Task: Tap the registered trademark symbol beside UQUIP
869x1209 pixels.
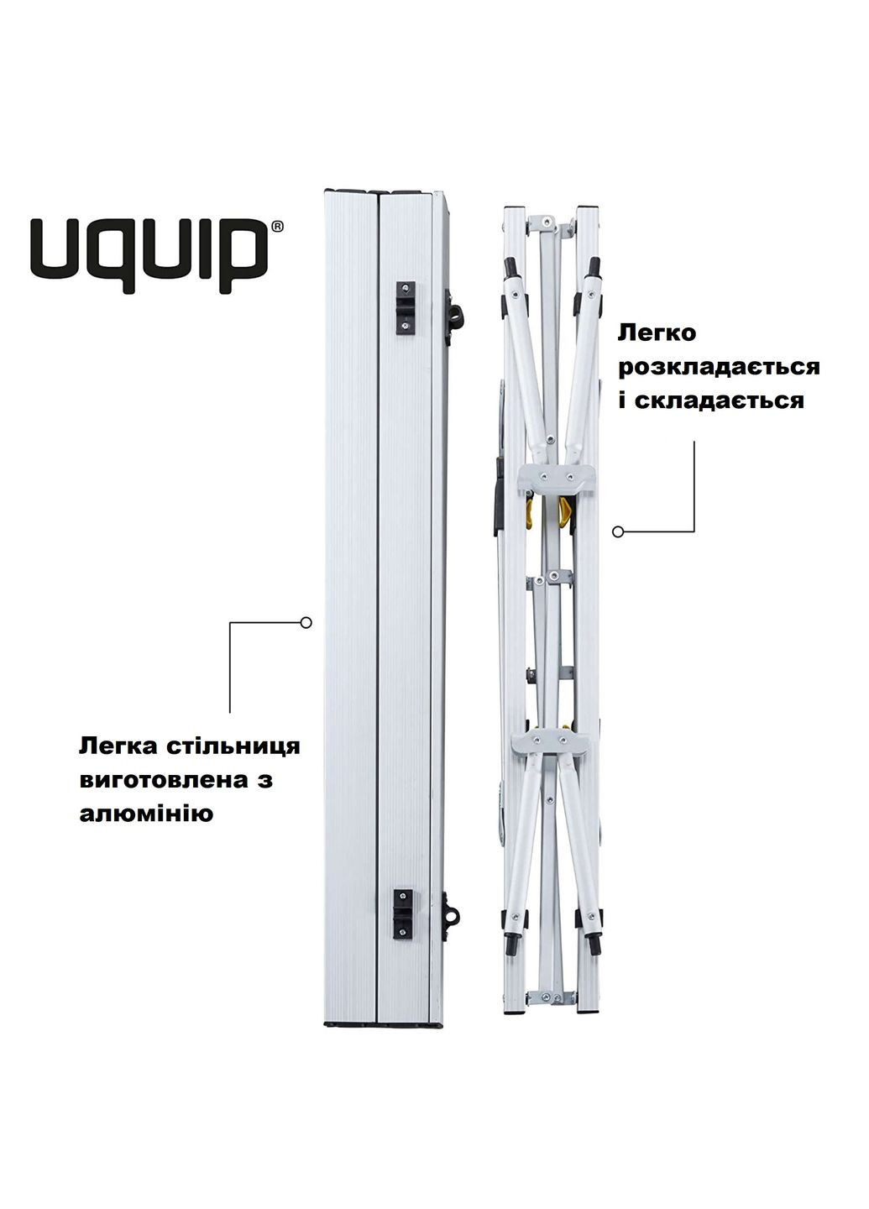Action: pos(278,226)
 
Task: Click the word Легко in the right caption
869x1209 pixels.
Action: pos(657,333)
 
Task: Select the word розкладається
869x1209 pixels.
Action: pos(719,367)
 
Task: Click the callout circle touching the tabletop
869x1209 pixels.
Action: pos(306,623)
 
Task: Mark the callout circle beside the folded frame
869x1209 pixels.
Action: pos(619,531)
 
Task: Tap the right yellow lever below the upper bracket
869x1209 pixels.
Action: pos(564,510)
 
